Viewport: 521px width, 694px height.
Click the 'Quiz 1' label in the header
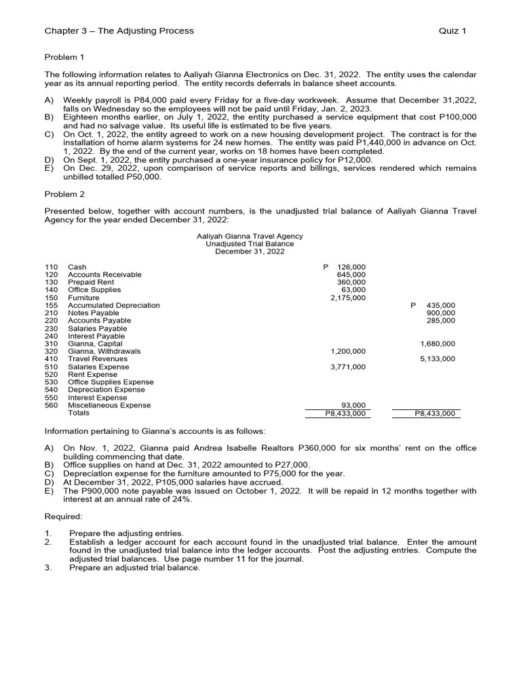(x=452, y=30)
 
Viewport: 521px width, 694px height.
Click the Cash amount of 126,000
(x=351, y=267)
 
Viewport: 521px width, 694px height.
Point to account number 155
(x=51, y=306)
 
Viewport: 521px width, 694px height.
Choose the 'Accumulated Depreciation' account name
(x=114, y=306)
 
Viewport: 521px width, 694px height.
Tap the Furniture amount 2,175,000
(x=347, y=298)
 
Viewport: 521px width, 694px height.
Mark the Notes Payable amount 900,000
(x=441, y=313)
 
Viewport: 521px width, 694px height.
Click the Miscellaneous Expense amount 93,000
(x=353, y=405)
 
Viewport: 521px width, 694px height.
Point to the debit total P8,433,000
(x=345, y=413)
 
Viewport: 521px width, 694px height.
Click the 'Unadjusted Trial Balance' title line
(x=250, y=244)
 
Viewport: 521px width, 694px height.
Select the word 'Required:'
(x=63, y=516)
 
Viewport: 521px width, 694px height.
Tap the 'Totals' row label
(x=79, y=413)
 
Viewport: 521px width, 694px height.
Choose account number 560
(x=51, y=405)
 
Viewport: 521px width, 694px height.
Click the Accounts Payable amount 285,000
(x=441, y=321)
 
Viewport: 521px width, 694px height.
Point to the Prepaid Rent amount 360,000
(x=351, y=282)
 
